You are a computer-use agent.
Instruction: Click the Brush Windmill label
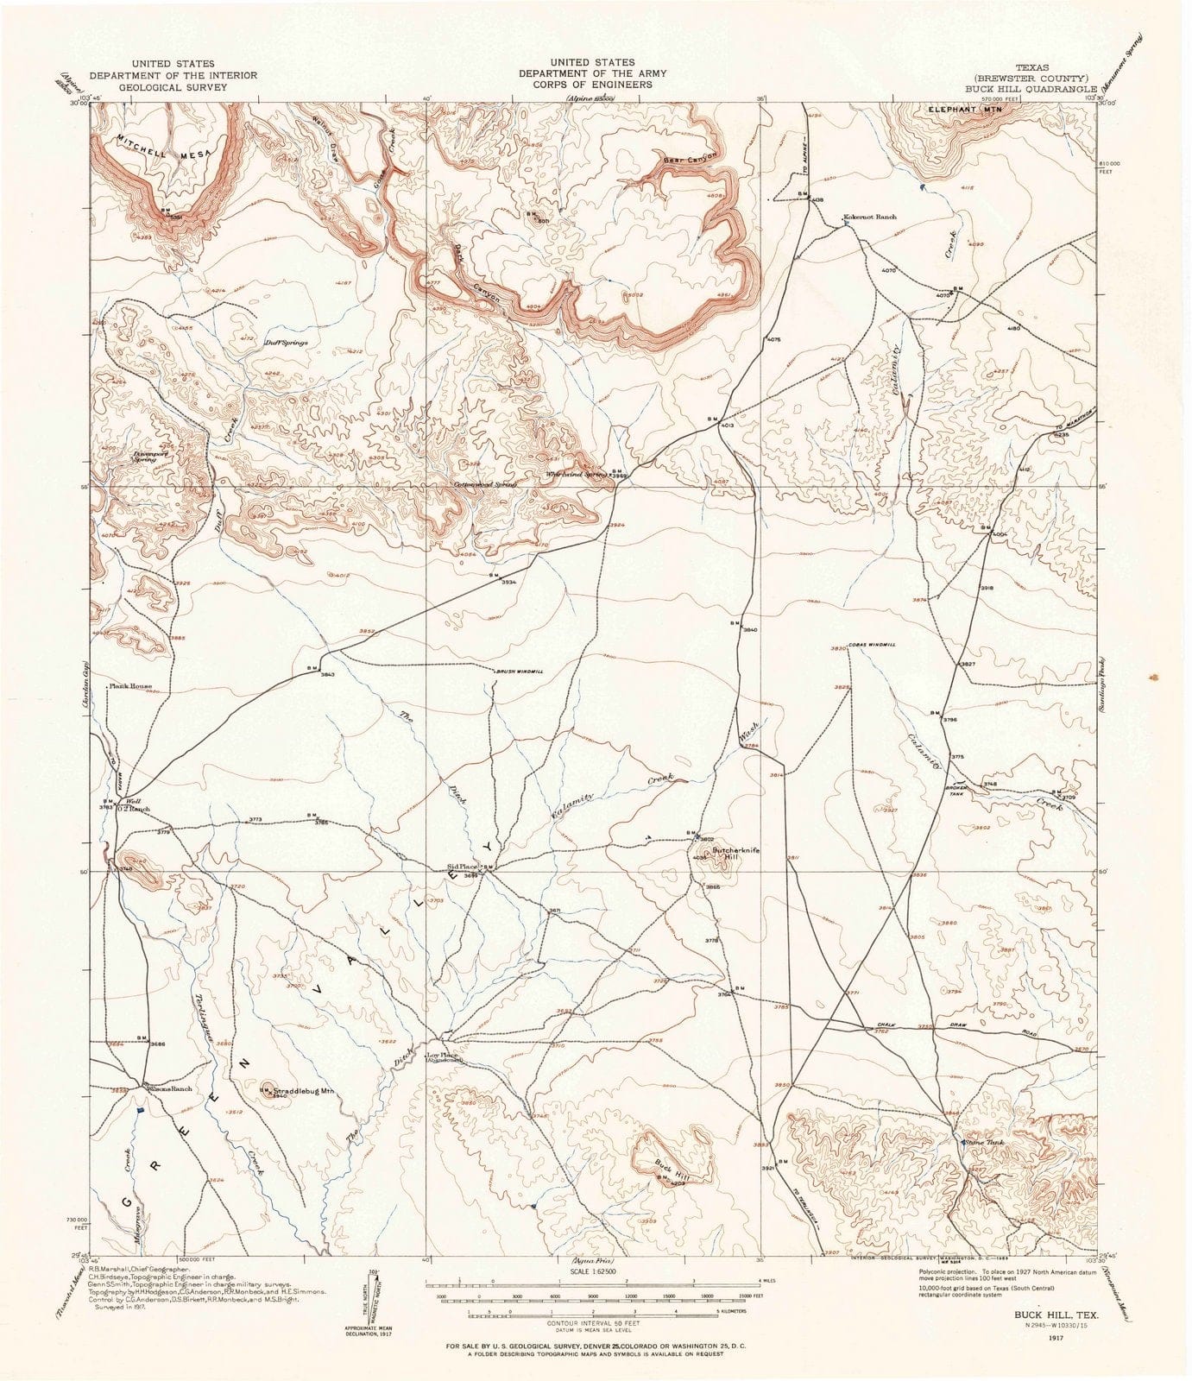(x=519, y=672)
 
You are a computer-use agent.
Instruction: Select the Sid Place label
(x=462, y=867)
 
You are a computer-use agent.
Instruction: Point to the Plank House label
(x=130, y=687)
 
